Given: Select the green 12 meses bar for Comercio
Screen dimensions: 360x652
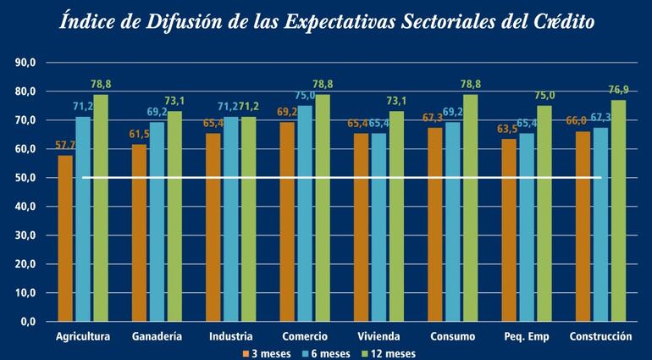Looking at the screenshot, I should [x=323, y=208].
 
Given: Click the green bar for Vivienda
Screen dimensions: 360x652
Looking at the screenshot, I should [x=397, y=217].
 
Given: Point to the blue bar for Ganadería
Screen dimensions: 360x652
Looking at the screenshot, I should [x=157, y=222].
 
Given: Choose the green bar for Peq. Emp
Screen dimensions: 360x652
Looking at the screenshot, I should [x=544, y=214].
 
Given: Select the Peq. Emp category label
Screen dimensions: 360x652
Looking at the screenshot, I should [x=526, y=337].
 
